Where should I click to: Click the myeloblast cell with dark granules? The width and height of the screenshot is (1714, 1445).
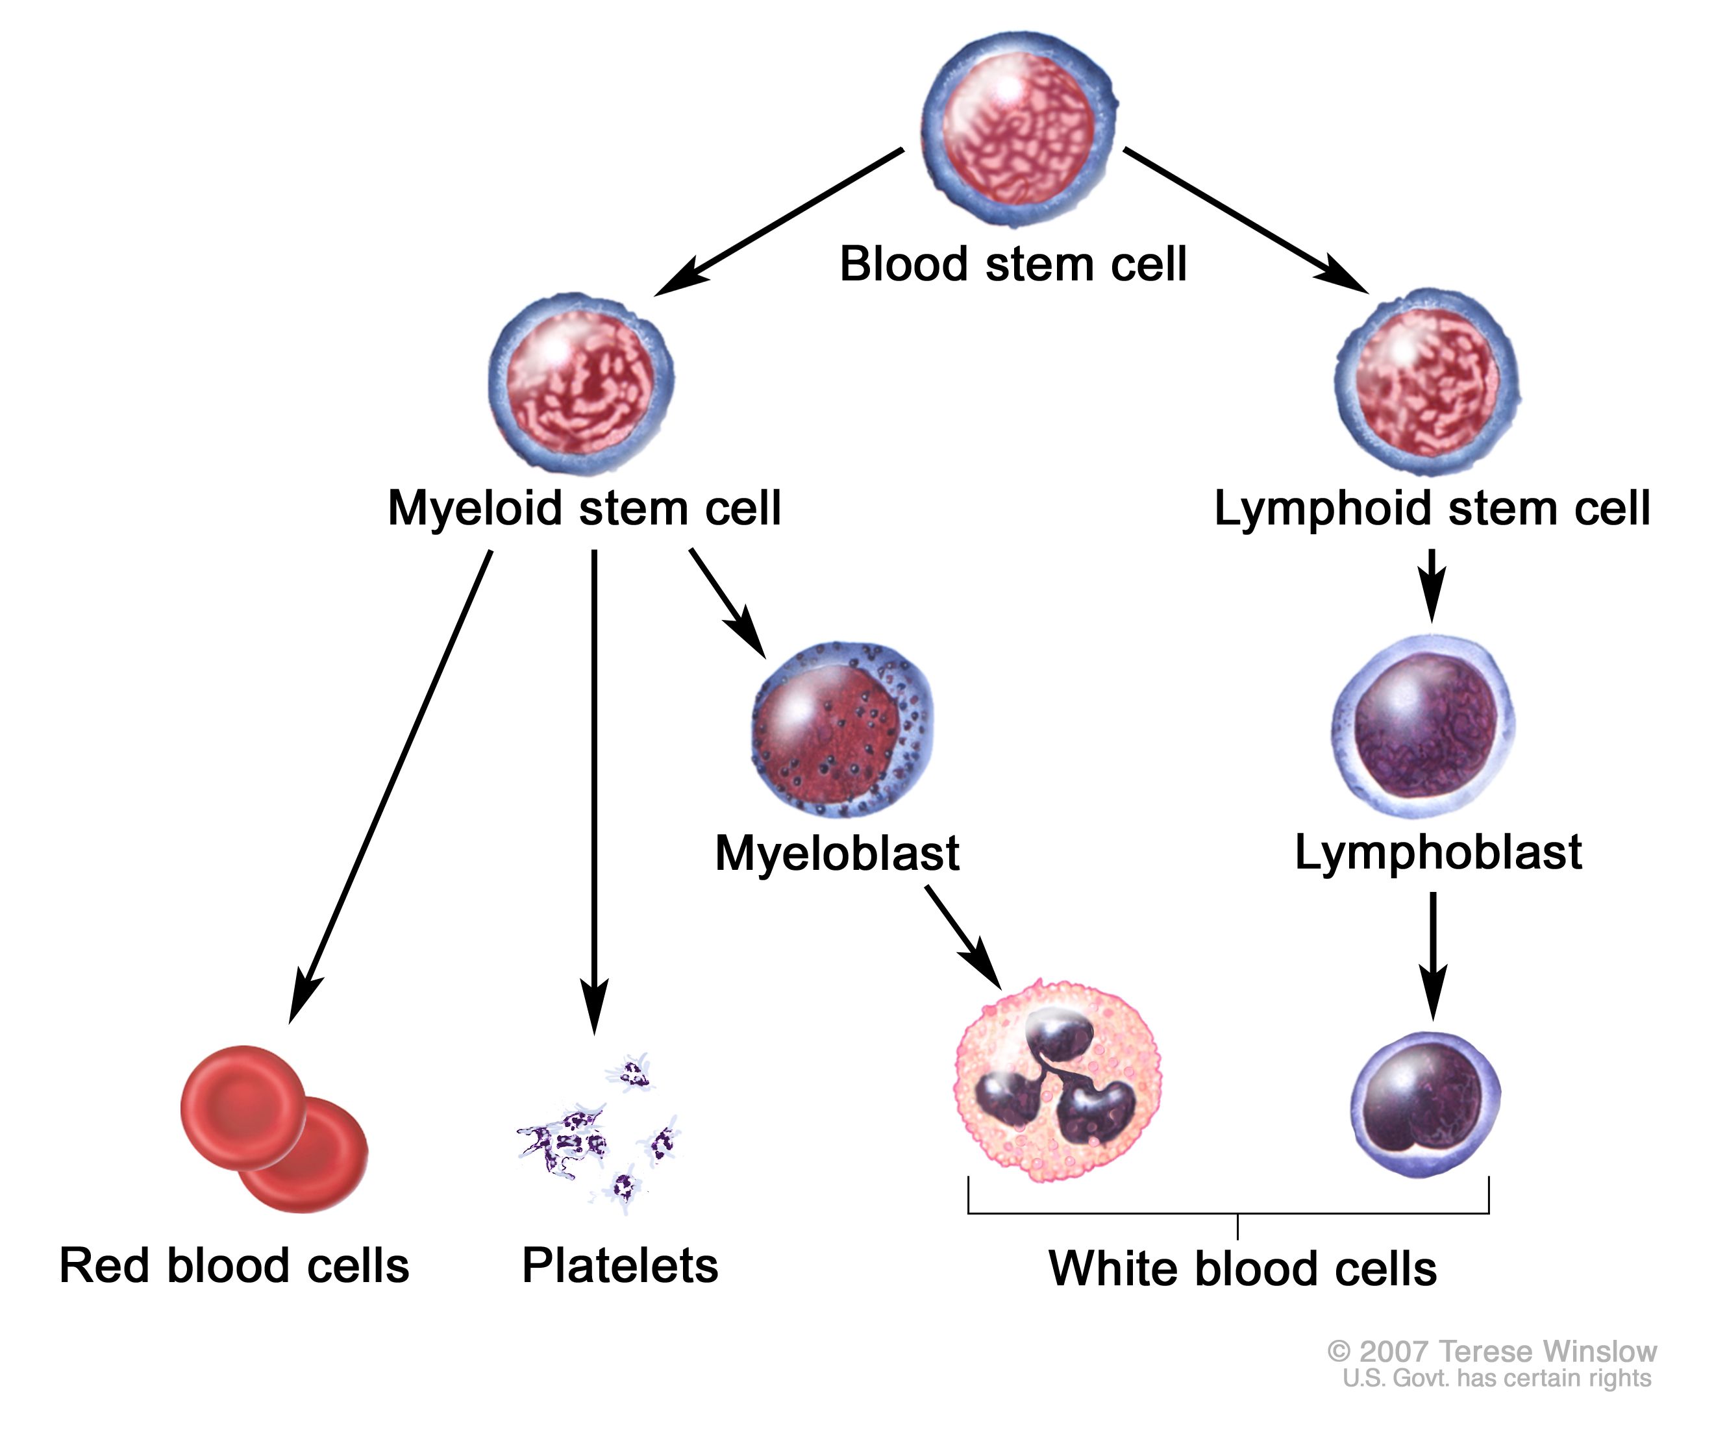[841, 729]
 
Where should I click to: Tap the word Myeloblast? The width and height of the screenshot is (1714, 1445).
[836, 853]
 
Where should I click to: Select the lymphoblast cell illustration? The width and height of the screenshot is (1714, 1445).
[1423, 726]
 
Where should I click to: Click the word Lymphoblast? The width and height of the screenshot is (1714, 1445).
[1438, 852]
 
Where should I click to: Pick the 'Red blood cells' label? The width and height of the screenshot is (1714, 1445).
[234, 1266]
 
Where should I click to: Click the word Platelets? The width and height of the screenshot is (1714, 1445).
[620, 1266]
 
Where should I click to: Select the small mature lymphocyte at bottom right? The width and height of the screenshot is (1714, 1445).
[1426, 1104]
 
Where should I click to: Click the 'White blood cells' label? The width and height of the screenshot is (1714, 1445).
[1242, 1269]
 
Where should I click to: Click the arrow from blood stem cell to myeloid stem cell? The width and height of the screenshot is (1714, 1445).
[778, 222]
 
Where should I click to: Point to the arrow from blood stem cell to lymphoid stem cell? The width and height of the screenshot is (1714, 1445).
[1245, 220]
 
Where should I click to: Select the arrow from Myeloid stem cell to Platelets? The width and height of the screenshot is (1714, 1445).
[594, 786]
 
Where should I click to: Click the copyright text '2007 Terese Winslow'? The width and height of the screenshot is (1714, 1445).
[1491, 1351]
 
